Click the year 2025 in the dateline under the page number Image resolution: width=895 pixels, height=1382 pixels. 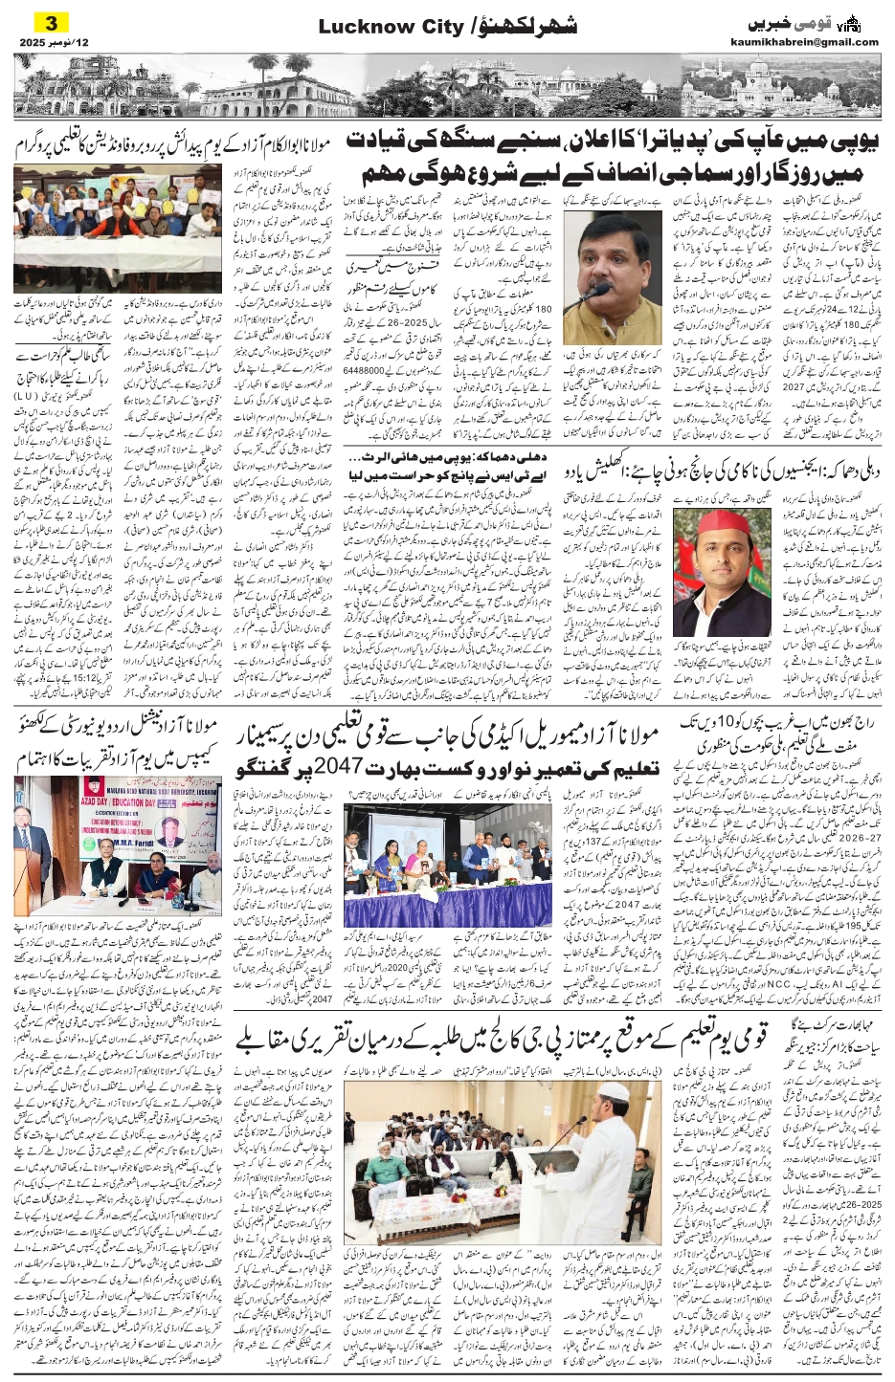point(37,42)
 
